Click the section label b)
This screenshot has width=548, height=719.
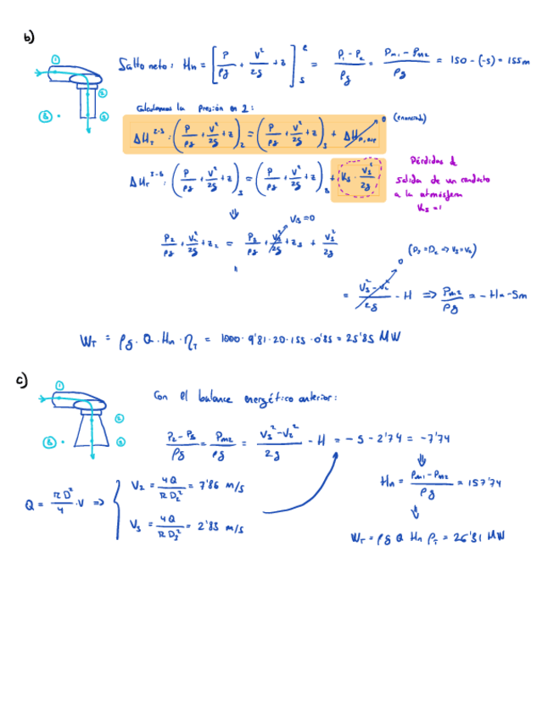pyautogui.click(x=30, y=37)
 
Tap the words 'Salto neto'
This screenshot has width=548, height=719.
pyautogui.click(x=144, y=65)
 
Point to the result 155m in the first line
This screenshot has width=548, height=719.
pyautogui.click(x=516, y=62)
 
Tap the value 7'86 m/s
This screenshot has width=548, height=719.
pyautogui.click(x=222, y=487)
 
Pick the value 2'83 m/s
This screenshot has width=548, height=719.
pyautogui.click(x=223, y=527)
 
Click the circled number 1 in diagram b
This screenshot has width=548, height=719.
pyautogui.click(x=56, y=59)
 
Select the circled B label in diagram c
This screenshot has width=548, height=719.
pyautogui.click(x=50, y=442)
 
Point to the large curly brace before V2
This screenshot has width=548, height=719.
pyautogui.click(x=120, y=507)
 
